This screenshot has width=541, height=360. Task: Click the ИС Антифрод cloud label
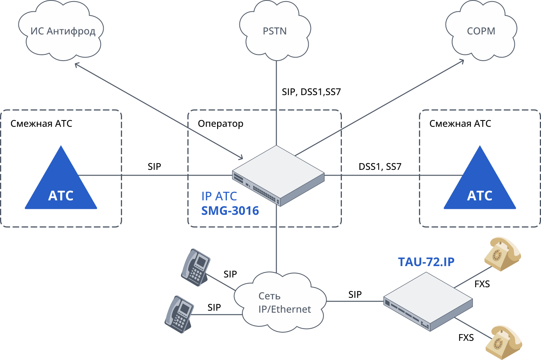(63, 31)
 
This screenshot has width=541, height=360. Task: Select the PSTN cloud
(275, 31)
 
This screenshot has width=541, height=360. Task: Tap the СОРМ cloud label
(481, 31)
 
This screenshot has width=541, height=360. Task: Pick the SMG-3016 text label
(230, 211)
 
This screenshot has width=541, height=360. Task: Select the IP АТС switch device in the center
(278, 175)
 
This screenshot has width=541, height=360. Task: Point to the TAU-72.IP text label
(426, 262)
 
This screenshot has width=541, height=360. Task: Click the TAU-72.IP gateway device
(428, 302)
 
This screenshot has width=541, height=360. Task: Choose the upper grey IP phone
(196, 267)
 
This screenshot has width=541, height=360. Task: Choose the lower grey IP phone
(180, 314)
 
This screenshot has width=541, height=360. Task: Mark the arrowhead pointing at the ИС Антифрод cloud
(77, 64)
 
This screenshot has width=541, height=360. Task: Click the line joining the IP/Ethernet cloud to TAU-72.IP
(354, 301)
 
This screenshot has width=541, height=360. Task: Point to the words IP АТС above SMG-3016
(219, 196)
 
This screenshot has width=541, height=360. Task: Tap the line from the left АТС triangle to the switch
(156, 175)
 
